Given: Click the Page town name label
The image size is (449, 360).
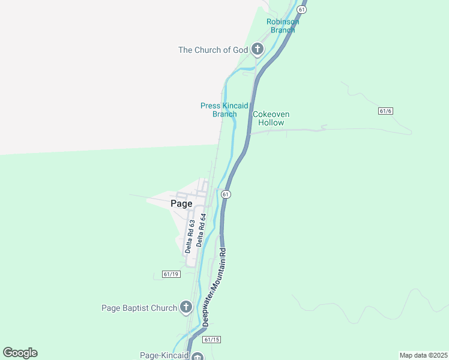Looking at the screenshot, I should [181, 203].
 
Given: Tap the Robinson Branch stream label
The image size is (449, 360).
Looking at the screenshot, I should [283, 26].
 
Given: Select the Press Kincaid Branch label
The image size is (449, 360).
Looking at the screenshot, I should [224, 110].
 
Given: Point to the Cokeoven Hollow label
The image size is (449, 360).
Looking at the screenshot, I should [271, 118].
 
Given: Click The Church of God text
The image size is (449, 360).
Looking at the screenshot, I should [212, 50].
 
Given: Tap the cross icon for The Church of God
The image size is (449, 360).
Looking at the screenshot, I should [258, 49].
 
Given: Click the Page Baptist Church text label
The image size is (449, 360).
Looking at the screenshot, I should [139, 308].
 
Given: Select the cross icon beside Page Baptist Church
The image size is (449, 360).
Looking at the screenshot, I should [186, 308].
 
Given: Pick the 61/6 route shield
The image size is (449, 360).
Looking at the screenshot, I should [386, 111].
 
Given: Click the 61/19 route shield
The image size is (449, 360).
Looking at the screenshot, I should [171, 274].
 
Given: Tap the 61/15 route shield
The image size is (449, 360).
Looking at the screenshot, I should [211, 340].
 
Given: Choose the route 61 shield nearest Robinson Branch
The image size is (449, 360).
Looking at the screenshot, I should [301, 9].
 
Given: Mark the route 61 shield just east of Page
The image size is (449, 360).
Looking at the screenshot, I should [226, 194].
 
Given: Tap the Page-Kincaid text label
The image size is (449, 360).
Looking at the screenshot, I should [163, 355].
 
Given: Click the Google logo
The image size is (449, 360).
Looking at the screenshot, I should [20, 353].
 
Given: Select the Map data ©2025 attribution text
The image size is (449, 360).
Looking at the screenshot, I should [423, 355].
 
